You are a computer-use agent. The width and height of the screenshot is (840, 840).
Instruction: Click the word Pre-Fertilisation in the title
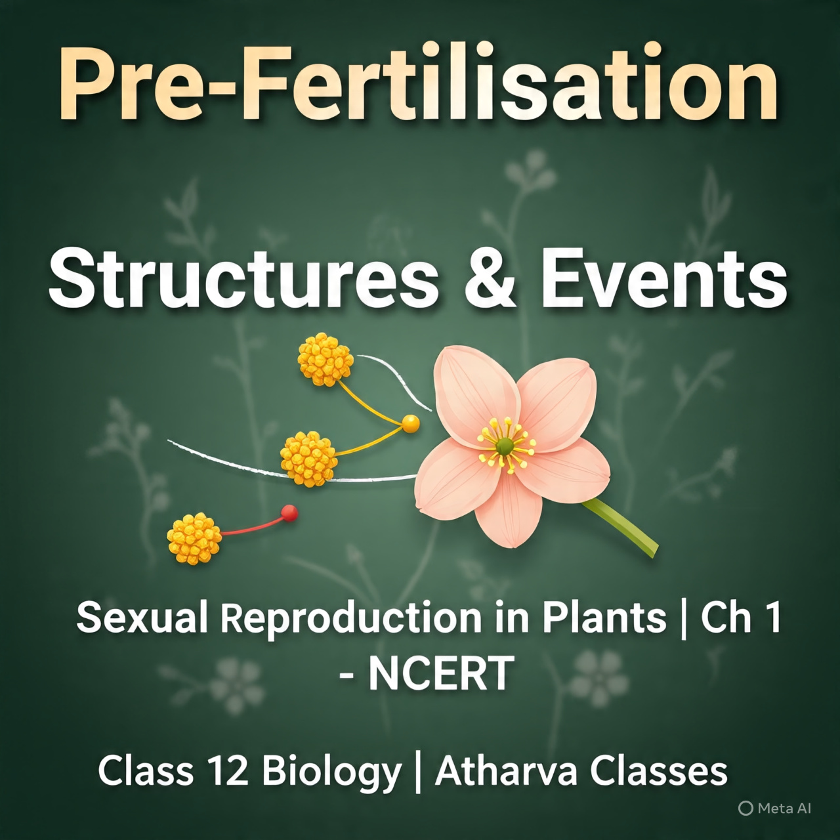pos(420,85)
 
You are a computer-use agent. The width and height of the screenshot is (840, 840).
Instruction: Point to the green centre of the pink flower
pos(505,447)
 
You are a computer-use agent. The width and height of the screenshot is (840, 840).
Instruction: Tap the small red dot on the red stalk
pos(289,513)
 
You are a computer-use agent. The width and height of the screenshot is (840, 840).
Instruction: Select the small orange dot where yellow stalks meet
pos(410,423)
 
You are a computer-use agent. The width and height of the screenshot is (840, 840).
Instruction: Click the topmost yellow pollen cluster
pos(325,358)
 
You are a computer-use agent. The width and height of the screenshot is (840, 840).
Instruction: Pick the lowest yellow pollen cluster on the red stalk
pos(194,538)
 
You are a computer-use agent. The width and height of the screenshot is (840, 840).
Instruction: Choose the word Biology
pos(331,772)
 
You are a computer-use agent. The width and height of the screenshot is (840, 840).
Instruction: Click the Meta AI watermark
pos(775,808)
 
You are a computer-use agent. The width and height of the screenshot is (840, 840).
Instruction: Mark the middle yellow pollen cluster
pos(308,458)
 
